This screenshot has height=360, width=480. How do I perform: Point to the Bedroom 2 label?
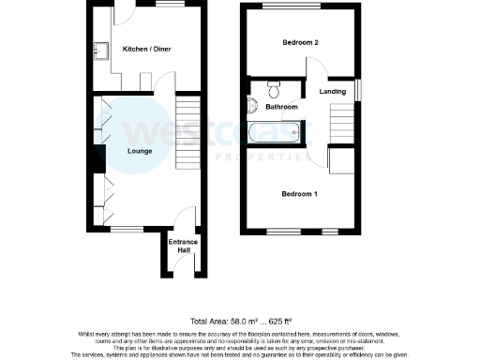302,43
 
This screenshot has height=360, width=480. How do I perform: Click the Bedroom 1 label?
300,194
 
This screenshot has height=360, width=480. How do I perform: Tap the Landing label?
332,92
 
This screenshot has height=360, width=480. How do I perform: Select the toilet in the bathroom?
274,90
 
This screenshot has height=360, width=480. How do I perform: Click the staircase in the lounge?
188,132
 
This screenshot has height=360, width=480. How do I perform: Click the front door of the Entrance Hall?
183,272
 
